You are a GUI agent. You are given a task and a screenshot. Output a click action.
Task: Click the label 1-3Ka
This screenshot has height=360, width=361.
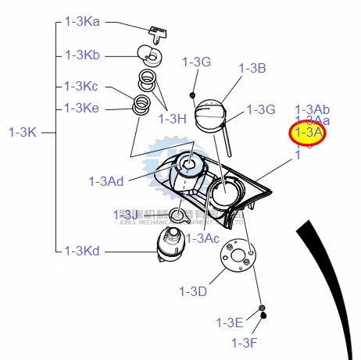(x=81, y=23)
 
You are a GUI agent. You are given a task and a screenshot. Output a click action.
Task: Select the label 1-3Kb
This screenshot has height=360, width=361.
(x=81, y=55)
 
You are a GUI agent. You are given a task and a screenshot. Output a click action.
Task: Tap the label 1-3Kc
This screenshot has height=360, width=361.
(x=81, y=85)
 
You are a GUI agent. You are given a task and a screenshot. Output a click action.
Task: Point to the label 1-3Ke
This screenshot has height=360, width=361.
(x=81, y=108)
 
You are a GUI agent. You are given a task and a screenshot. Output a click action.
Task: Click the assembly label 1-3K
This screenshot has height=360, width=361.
(x=23, y=132)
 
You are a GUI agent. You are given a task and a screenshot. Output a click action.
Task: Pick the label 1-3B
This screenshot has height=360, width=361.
(x=252, y=68)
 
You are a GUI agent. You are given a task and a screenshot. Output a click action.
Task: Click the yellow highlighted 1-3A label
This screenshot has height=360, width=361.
(x=308, y=134)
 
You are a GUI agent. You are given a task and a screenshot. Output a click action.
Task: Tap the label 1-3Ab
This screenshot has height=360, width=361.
(x=312, y=109)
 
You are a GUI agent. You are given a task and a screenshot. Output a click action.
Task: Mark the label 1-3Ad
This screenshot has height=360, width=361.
(x=106, y=181)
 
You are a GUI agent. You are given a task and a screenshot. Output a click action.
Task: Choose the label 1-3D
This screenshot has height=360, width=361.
(x=192, y=291)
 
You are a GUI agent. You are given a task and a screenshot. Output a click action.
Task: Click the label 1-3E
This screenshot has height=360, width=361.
(x=230, y=322)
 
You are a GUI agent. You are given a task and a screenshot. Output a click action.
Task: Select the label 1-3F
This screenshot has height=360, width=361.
(x=244, y=342)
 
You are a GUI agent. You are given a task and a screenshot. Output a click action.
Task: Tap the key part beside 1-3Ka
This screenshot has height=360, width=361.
(x=159, y=33)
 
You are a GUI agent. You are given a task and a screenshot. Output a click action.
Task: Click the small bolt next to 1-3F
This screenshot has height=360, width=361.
(x=264, y=316)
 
